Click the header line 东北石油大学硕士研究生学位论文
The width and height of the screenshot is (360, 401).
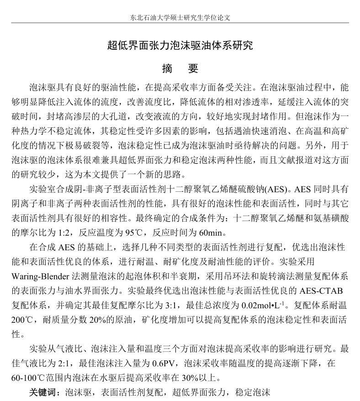click(x=180, y=18)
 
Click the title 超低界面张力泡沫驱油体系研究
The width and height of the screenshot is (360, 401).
click(x=180, y=45)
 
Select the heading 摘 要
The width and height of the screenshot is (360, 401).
click(x=180, y=69)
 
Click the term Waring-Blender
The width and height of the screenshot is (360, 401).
click(x=40, y=276)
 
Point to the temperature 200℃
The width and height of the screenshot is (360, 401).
click(x=22, y=320)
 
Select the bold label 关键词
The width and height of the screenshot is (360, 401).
click(x=44, y=392)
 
